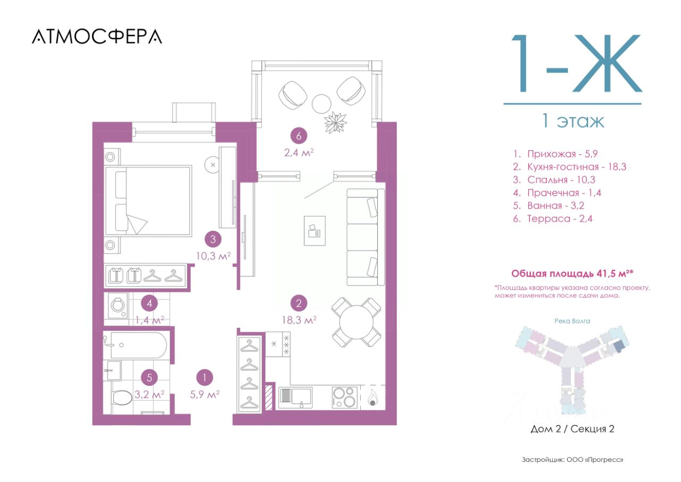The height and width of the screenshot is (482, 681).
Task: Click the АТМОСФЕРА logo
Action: pos(97,37)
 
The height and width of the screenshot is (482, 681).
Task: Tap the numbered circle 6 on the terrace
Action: pos(298,136)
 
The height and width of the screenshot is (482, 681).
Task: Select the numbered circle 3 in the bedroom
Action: pos(213,239)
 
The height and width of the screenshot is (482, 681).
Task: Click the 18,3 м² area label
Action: pos(299,320)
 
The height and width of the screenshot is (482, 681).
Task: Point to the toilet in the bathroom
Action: pos(122,398)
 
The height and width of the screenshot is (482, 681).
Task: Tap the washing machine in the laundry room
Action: pos(118,305)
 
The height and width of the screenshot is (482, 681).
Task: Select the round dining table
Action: pos(356,322)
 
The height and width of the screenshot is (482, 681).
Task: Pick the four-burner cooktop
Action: pos(344,397)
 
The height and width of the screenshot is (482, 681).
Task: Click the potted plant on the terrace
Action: pos(335,122)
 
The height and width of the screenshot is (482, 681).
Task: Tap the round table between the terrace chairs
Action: pos(321,103)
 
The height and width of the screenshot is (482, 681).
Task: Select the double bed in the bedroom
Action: pos(148,201)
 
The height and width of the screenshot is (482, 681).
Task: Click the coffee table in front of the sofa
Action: pos(314,231)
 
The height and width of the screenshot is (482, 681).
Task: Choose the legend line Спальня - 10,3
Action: pos(554,180)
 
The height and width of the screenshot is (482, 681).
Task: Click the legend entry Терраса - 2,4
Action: pos(553,219)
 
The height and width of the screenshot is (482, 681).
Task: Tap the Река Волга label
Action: pos(572,321)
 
